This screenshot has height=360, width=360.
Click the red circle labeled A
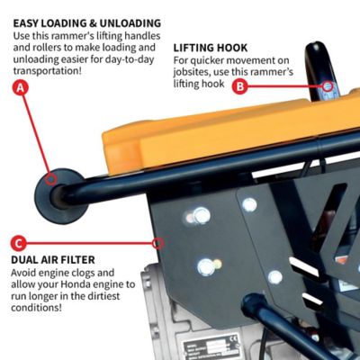coord(21,87)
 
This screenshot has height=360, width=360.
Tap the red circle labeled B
coord(238,86)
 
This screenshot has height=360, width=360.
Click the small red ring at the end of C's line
coord(157,242)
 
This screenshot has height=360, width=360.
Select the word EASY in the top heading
coord(31,22)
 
